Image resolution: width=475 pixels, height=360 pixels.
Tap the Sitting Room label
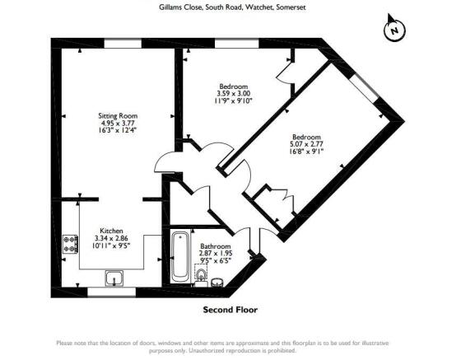point(118,116)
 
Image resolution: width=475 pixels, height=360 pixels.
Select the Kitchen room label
point(111,231)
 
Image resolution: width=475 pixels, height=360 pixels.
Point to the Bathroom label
point(216,246)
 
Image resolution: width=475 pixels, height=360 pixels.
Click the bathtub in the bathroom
point(180,257)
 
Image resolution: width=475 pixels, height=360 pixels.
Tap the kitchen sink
point(114,278)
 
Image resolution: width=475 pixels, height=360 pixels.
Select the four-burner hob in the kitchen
point(70,244)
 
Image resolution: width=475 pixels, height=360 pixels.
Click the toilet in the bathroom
point(201,275)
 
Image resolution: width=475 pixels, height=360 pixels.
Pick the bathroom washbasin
point(217,283)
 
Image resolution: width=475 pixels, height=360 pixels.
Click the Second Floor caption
point(231,310)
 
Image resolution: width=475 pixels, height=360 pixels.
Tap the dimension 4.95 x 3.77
point(118,123)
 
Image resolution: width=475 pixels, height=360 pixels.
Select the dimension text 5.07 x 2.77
point(306,144)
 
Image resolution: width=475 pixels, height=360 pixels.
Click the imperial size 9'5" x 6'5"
point(216,260)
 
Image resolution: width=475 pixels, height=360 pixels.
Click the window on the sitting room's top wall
point(123,44)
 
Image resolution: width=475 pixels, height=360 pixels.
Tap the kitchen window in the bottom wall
point(111,292)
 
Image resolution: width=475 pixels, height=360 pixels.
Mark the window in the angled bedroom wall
point(365,88)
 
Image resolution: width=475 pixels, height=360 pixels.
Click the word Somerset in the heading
point(291,7)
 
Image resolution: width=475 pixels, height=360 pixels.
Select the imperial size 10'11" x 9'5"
point(111,245)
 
